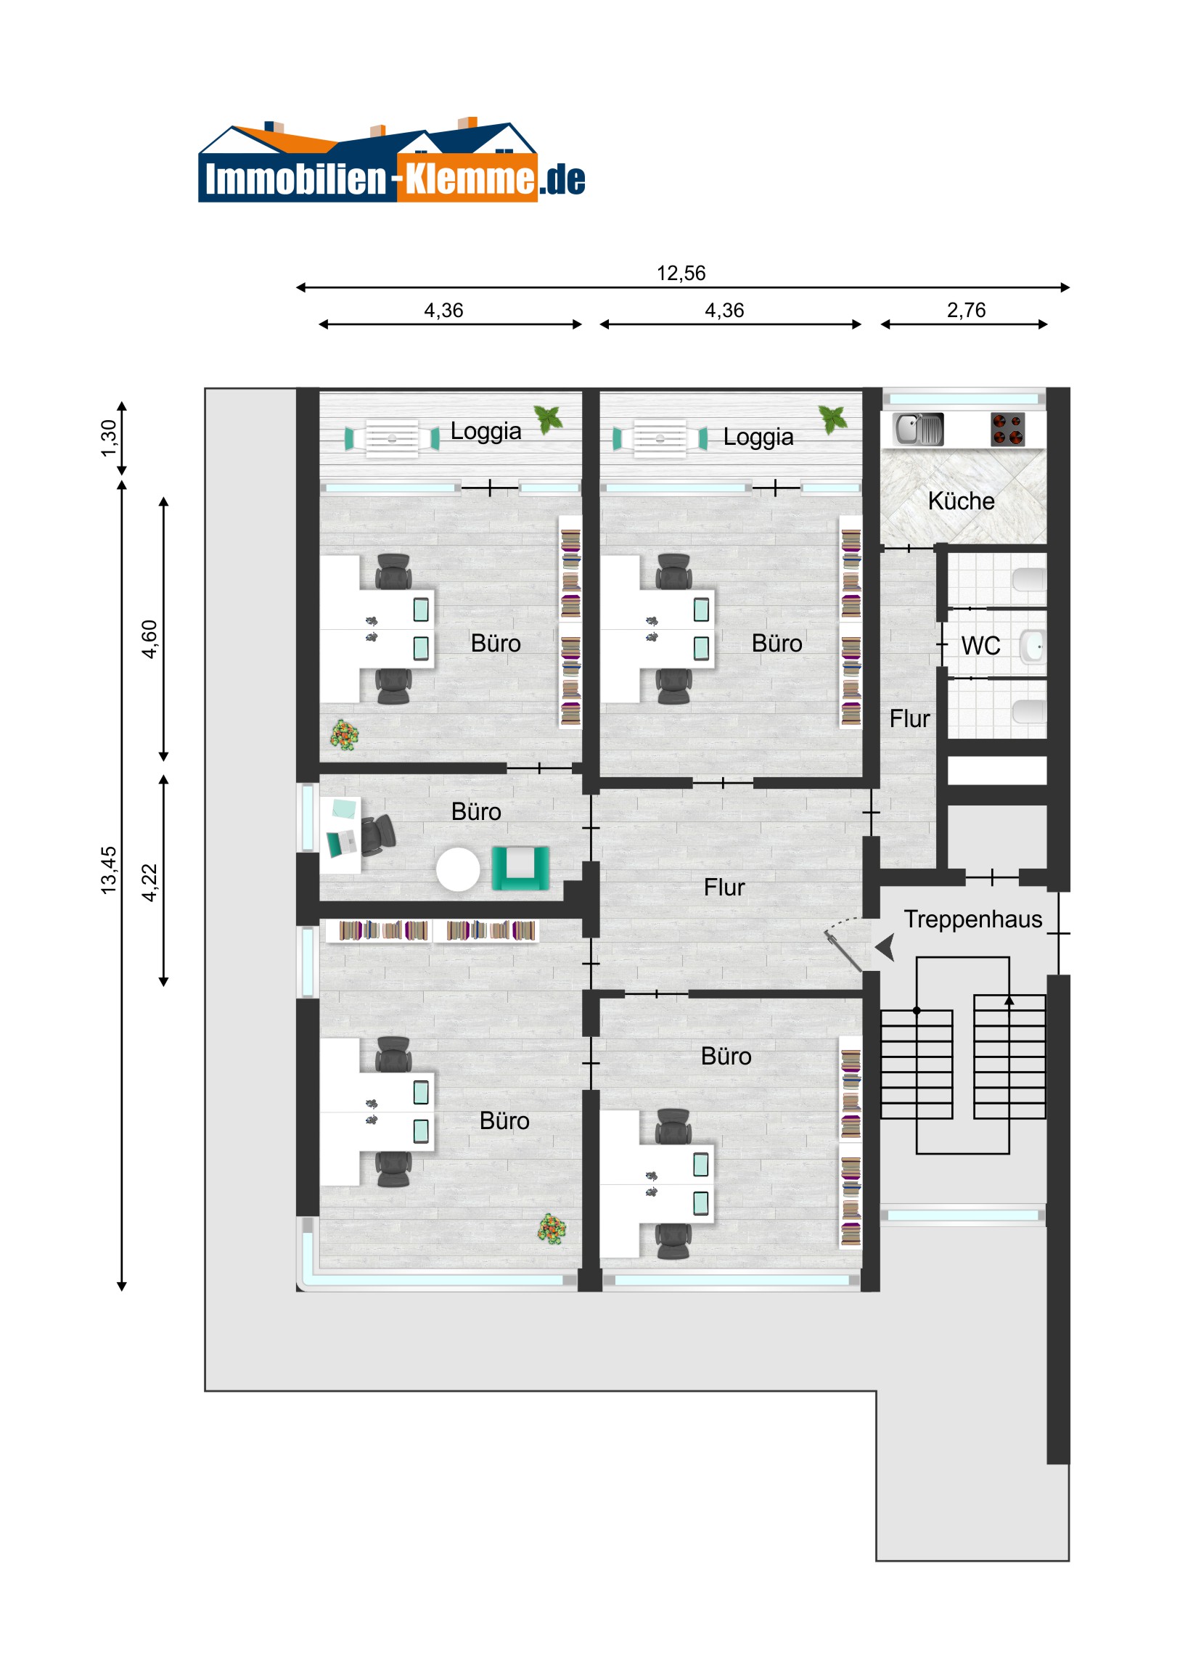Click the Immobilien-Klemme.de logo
391,160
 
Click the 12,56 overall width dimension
681,274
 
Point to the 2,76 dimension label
966,311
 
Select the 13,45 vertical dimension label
108,870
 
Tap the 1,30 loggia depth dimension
108,438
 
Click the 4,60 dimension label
149,640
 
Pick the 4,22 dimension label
149,882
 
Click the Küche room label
961,501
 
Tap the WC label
980,646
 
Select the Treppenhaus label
972,919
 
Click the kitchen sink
919,429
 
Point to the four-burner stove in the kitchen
1008,429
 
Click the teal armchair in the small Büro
520,868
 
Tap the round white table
458,869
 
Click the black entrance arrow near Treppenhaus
885,948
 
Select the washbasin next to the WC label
1033,647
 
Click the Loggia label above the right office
758,437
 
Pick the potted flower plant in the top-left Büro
345,735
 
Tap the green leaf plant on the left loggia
549,419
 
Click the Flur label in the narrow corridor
909,719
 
